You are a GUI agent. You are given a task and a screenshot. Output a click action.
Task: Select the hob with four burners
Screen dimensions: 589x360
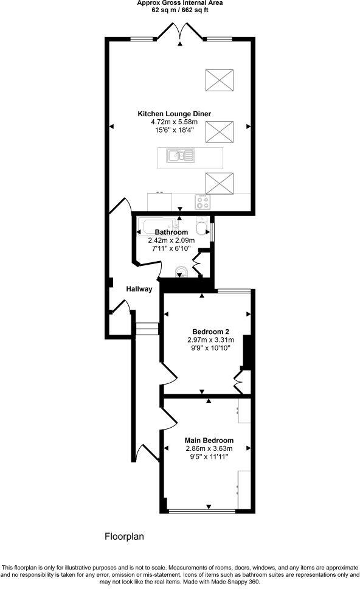202,201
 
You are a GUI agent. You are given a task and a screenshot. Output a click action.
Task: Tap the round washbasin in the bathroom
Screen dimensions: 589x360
181,271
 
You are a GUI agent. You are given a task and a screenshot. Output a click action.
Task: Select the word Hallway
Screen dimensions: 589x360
139,289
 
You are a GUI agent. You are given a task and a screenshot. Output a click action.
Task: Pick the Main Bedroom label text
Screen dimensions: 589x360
209,441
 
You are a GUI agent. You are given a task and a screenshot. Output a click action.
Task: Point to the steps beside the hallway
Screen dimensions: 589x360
147,329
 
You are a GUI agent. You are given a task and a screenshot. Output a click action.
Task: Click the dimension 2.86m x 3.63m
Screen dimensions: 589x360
209,449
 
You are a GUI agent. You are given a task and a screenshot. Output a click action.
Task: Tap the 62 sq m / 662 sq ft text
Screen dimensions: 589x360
179,10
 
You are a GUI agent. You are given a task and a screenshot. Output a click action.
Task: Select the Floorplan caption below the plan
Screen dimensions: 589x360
124,537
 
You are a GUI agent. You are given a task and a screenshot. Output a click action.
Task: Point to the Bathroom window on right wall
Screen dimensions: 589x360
212,233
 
